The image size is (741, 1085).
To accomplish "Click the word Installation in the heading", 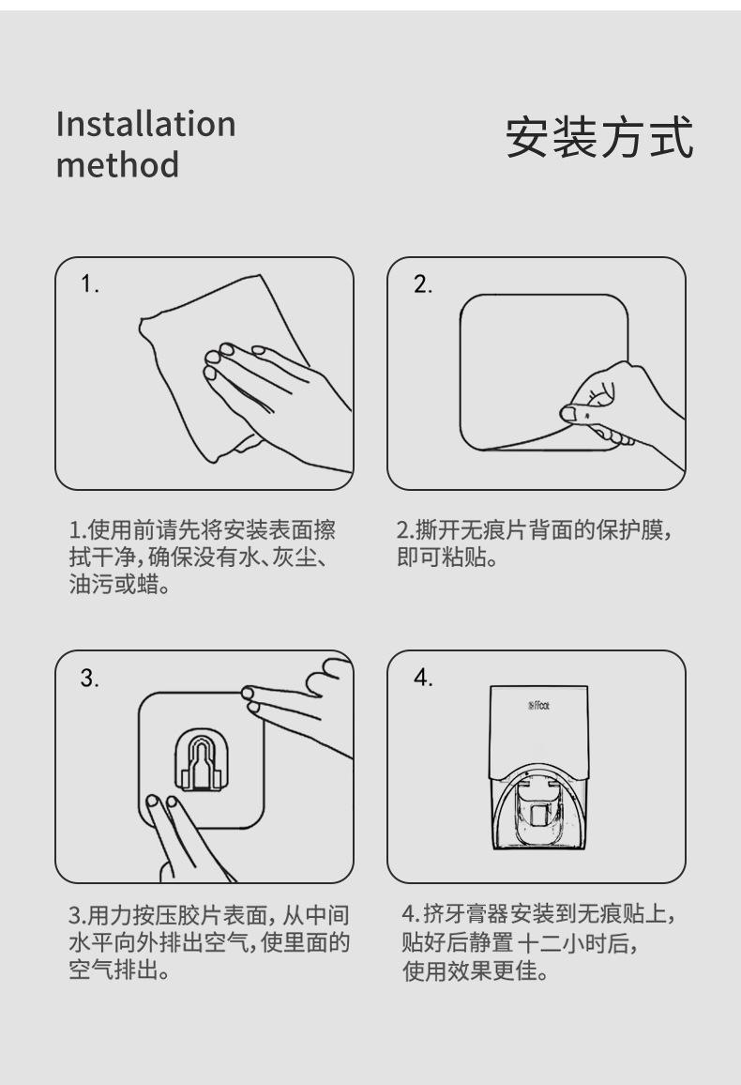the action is (x=145, y=124).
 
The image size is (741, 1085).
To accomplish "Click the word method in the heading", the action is (x=117, y=164).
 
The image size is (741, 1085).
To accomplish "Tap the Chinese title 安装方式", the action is (x=599, y=138).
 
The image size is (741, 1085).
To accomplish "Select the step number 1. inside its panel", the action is (x=90, y=283).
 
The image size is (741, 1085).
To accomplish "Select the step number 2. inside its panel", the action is (x=423, y=283).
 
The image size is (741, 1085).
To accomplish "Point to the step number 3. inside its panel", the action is (x=90, y=678).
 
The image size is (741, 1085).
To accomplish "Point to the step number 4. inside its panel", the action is (x=423, y=678).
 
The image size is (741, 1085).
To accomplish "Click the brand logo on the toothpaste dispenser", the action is (x=539, y=706).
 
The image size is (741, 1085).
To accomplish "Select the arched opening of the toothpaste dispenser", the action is (x=539, y=806).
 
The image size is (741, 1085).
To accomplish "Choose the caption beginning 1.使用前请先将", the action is (x=203, y=557).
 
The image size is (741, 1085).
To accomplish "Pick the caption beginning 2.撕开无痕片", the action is (x=534, y=543).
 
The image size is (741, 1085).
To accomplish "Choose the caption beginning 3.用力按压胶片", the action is (x=209, y=942).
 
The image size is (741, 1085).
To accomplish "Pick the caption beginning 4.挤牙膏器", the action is (x=537, y=942).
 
